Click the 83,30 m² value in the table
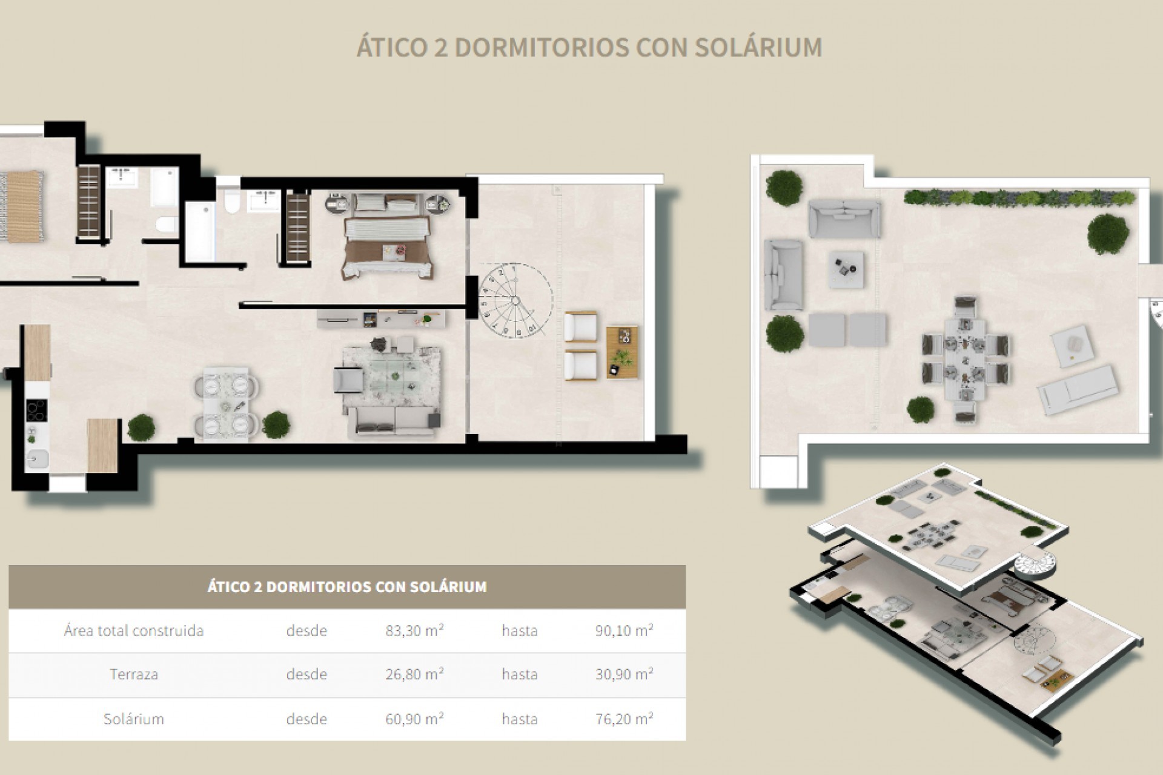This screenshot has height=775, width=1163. (414, 630)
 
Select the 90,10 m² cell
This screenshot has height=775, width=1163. (624, 630)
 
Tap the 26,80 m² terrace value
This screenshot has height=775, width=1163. (414, 674)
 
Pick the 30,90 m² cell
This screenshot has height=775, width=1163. (624, 674)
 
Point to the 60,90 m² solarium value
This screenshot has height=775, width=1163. (414, 719)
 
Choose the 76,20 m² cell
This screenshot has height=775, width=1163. (624, 719)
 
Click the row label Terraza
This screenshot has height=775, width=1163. (134, 674)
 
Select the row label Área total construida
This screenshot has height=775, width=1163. (134, 630)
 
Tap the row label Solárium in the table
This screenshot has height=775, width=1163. (134, 719)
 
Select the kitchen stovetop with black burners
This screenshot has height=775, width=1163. (37, 411)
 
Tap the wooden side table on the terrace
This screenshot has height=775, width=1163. (623, 352)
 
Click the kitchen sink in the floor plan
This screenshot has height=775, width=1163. (36, 460)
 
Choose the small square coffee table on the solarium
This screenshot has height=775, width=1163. (846, 269)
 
